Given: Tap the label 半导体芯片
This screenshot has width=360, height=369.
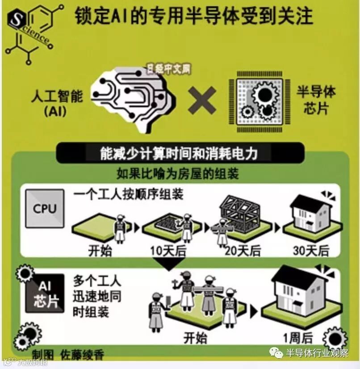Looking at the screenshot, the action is point(316,100).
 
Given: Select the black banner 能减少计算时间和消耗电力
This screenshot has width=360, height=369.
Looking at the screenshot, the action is point(180,153).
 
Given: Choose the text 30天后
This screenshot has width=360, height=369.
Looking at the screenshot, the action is point(311,251).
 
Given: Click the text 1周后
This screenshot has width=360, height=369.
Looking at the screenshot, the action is point(299,337).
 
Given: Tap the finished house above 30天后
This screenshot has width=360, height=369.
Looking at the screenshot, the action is point(309,213).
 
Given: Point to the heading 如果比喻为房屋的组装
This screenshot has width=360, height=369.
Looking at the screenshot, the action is point(178,173).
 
